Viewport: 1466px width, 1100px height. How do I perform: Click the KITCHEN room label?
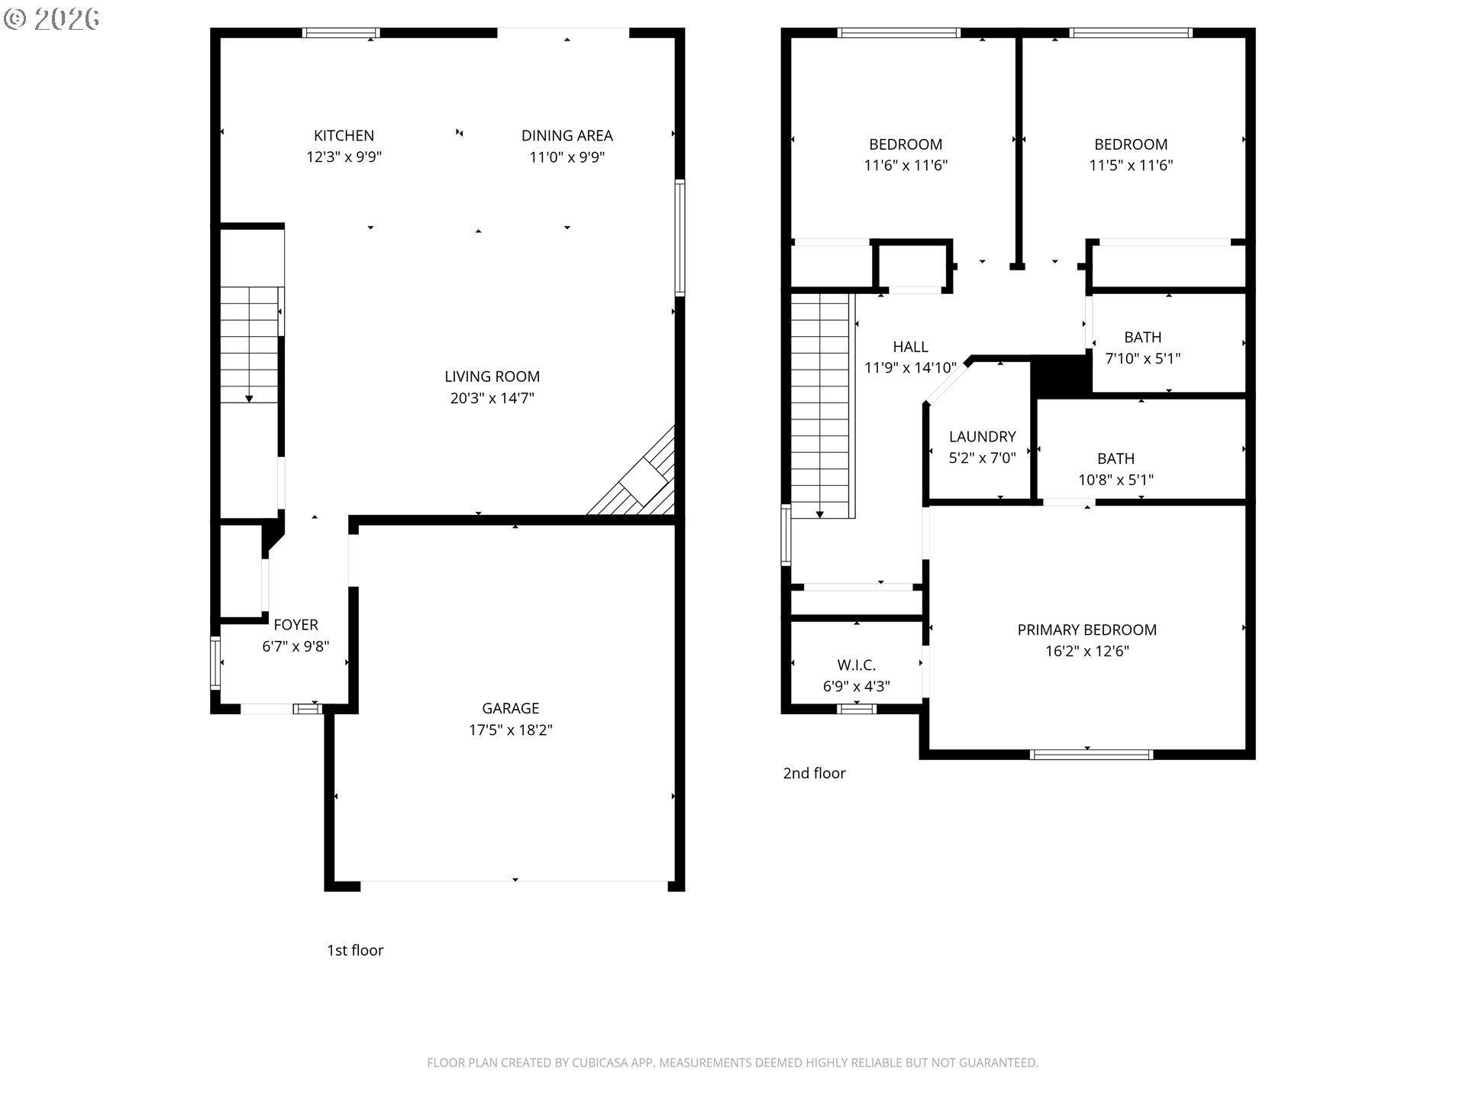(344, 136)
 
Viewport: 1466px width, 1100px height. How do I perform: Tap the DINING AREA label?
(567, 136)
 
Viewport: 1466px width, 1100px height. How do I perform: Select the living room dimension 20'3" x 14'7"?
(492, 398)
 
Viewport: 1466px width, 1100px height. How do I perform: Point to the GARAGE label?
(510, 708)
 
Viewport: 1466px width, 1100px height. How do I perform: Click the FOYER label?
(295, 625)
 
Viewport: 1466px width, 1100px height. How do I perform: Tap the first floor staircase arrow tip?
(249, 399)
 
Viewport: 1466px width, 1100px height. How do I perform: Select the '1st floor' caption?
(355, 950)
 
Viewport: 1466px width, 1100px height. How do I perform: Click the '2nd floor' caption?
(814, 773)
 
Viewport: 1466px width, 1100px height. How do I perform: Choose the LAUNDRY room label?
(982, 437)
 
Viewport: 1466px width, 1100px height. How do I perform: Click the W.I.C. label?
(856, 665)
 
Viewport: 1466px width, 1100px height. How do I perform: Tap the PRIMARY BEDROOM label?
(1087, 630)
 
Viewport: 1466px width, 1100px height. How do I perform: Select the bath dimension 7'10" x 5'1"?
(1142, 358)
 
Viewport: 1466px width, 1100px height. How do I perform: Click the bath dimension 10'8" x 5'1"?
(1116, 480)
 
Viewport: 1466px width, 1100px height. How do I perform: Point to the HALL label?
(910, 347)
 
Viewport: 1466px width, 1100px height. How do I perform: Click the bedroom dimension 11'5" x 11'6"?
(1130, 165)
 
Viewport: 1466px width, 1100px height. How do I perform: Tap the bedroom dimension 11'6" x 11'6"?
(906, 165)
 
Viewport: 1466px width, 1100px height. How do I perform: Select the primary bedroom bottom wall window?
(1090, 755)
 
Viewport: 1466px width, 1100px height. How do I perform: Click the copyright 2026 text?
(52, 18)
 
